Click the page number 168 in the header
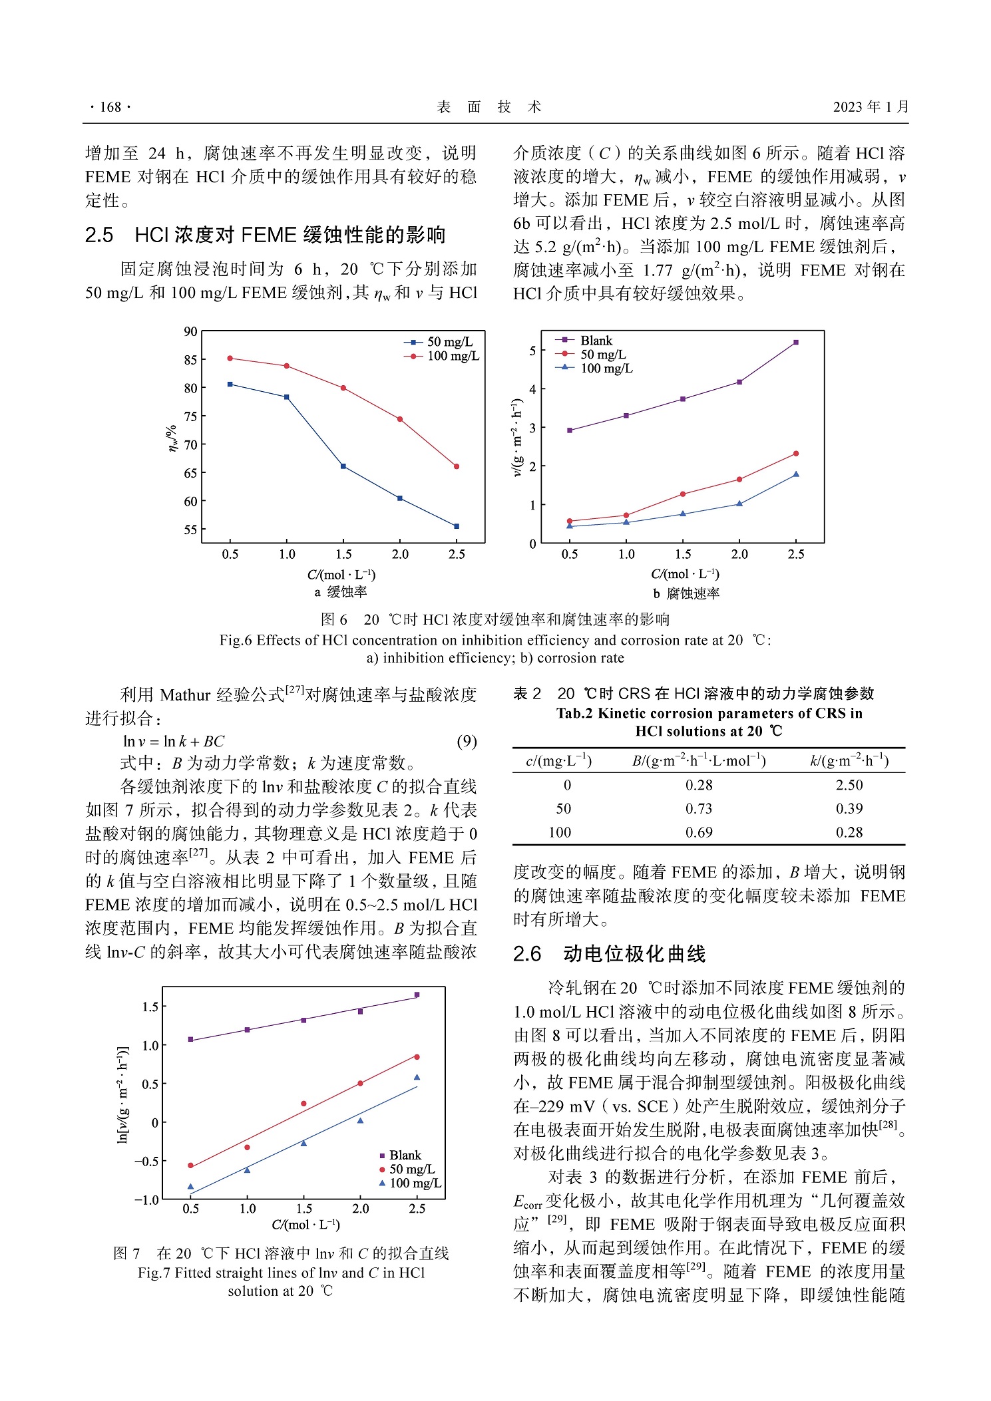(110, 107)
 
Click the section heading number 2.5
(99, 235)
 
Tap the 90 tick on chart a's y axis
(191, 331)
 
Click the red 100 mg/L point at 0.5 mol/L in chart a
(230, 359)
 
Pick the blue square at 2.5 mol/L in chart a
(457, 526)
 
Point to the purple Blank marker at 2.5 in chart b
(796, 343)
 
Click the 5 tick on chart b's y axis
(532, 351)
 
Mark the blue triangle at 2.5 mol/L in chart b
(796, 474)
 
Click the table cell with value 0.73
(699, 809)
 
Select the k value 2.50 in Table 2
(849, 786)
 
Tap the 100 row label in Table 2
(560, 833)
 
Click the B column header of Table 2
(699, 761)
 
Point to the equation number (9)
(467, 742)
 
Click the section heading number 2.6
(527, 955)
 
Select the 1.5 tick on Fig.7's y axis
(150, 1007)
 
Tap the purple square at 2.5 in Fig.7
(417, 995)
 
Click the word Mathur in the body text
(186, 696)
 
